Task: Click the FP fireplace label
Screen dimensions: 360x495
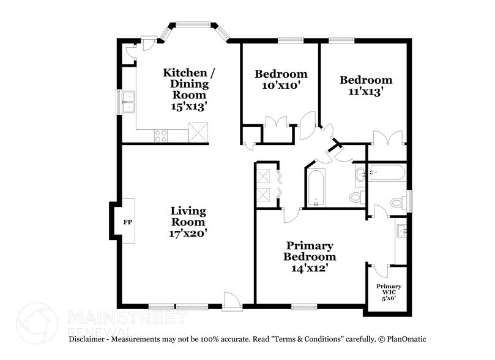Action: click(x=128, y=221)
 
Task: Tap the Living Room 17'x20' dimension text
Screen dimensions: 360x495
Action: click(x=188, y=233)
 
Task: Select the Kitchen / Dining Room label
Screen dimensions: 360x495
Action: click(x=185, y=84)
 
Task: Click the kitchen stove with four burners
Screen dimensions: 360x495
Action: click(x=162, y=135)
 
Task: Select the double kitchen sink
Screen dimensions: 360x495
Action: click(x=128, y=102)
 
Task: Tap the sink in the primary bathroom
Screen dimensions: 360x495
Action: click(x=402, y=231)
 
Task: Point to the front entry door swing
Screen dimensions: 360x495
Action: click(x=231, y=300)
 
